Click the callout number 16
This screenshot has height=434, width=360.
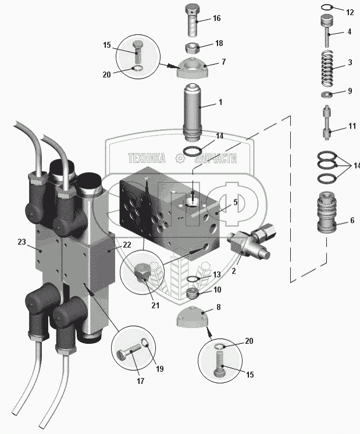[x=216, y=19]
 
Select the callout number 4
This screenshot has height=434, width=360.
[x=349, y=31]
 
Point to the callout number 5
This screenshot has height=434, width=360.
[x=234, y=202]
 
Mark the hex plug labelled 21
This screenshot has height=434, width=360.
[x=141, y=274]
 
